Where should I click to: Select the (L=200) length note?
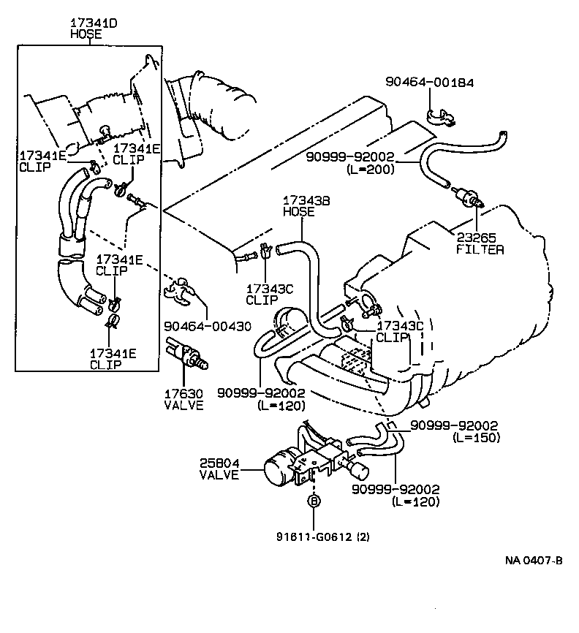click(371, 170)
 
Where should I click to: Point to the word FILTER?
click(480, 249)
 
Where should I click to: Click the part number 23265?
click(476, 238)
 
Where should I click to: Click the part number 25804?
click(219, 463)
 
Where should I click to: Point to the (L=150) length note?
click(476, 438)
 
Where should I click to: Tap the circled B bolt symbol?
click(314, 501)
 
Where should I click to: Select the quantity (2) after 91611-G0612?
click(363, 536)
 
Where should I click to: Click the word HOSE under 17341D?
click(85, 34)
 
